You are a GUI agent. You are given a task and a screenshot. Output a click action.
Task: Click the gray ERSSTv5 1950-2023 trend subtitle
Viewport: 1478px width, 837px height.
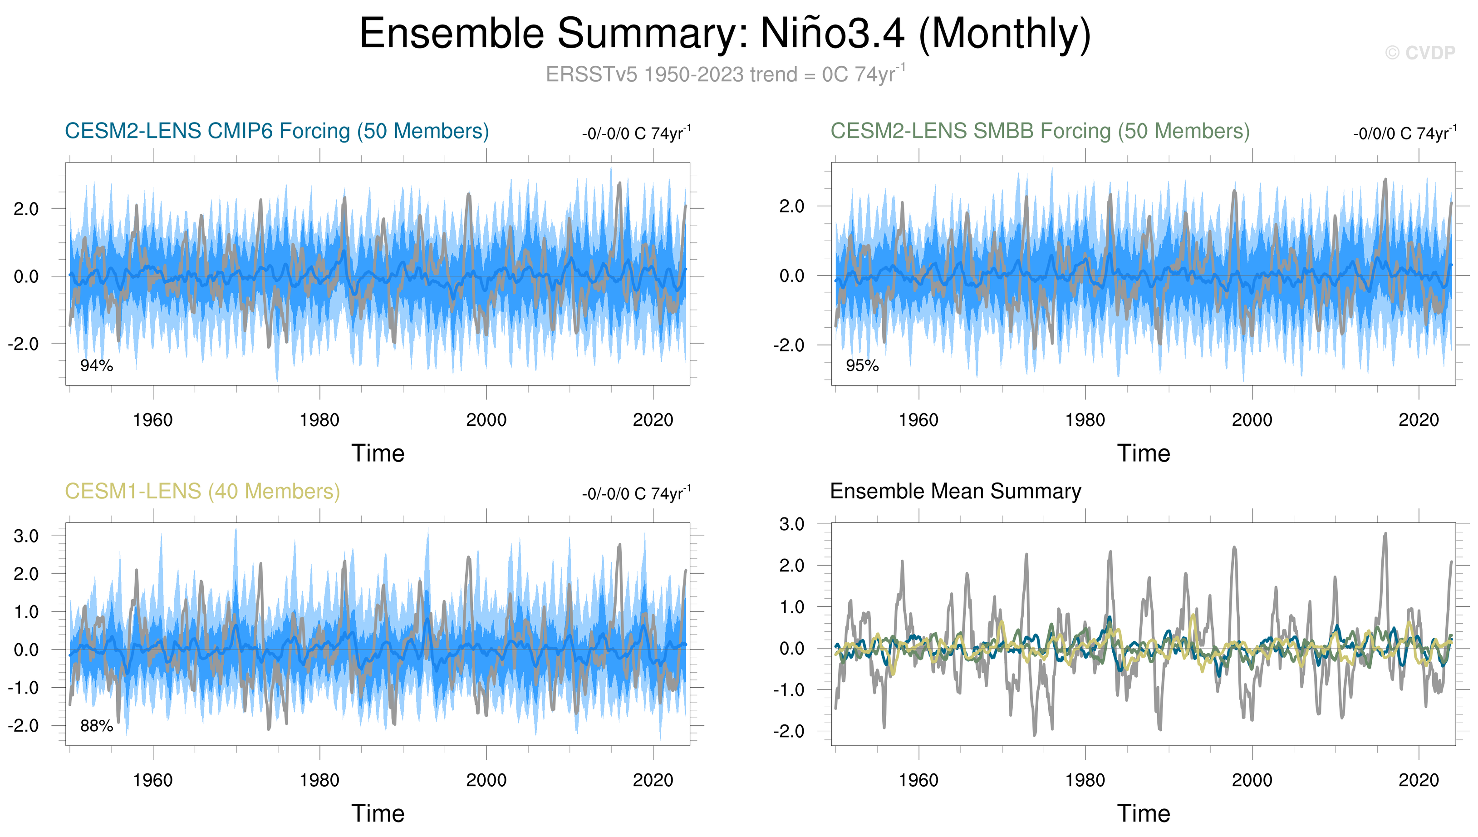pos(725,75)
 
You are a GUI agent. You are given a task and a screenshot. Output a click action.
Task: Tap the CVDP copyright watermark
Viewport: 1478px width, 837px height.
pos(1419,53)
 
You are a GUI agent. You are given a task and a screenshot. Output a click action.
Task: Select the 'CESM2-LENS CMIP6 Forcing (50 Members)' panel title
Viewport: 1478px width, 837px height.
pos(276,131)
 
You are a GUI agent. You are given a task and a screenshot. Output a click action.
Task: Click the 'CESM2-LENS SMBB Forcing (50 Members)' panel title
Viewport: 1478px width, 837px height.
pos(1040,131)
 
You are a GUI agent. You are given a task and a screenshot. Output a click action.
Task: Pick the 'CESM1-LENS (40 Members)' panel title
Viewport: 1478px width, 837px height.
pos(202,492)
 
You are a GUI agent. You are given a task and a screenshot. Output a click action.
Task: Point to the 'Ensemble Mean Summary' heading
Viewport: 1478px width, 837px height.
pos(955,492)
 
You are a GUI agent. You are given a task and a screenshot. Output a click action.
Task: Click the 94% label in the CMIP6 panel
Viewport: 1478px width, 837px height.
pos(97,365)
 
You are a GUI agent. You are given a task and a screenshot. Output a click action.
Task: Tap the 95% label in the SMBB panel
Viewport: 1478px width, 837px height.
pos(862,365)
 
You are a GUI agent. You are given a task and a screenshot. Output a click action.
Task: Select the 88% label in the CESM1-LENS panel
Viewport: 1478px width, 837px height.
pos(97,726)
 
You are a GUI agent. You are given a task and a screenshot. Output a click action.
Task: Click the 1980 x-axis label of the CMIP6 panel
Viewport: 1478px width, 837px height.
pos(319,420)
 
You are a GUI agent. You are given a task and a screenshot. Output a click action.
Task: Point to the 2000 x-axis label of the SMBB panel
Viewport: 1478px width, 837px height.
pos(1252,420)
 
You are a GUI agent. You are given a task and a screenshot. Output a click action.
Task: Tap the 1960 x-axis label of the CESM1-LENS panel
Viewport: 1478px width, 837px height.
pos(153,781)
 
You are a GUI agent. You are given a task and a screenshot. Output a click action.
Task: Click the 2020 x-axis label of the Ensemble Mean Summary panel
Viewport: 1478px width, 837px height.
pos(1418,781)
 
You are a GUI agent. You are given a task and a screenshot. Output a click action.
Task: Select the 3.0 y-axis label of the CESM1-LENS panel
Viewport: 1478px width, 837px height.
pos(26,537)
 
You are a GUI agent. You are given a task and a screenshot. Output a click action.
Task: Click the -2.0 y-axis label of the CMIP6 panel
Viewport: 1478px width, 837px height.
pos(23,345)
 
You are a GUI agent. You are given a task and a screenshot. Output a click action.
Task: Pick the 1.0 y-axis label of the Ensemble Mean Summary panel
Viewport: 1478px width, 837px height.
pos(792,607)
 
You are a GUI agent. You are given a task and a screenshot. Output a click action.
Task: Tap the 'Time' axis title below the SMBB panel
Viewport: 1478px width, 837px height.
pos(1144,453)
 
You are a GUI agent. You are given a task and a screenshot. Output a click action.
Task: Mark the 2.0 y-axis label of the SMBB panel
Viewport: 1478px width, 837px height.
pos(792,207)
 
